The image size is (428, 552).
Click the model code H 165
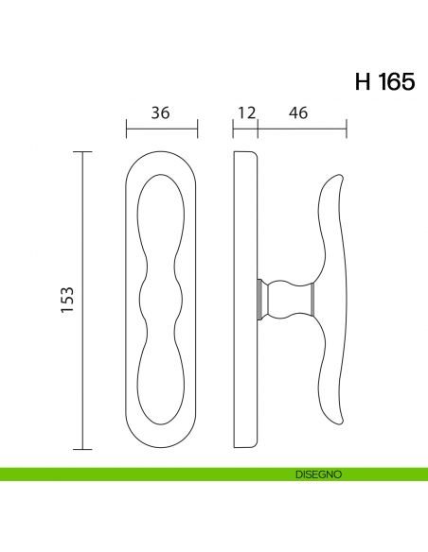click(383, 81)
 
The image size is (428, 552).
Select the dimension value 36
click(160, 112)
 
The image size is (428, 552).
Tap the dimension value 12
click(246, 112)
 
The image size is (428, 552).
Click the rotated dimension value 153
click(66, 300)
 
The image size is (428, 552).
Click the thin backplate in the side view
click(245, 299)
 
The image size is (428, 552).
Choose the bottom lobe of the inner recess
click(162, 383)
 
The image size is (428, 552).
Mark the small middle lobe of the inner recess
click(162, 300)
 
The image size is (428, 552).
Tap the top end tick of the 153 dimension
click(83, 151)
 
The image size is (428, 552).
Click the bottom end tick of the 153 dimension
click(83, 448)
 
